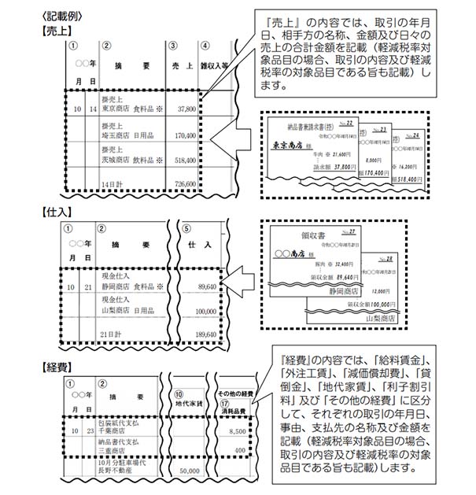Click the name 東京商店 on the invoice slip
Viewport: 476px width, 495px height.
tap(289, 145)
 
